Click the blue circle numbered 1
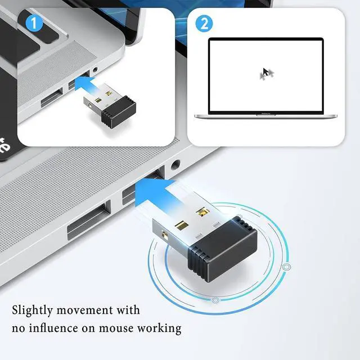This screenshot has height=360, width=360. (x=34, y=23)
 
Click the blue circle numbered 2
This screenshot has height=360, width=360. (x=204, y=23)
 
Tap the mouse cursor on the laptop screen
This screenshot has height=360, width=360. (x=267, y=73)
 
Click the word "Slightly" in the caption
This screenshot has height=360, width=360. (x=34, y=310)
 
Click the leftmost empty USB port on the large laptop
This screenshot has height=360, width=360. (x=89, y=220)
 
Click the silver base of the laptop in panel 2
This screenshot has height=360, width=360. (x=265, y=116)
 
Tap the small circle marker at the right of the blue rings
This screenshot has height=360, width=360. (x=287, y=267)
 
